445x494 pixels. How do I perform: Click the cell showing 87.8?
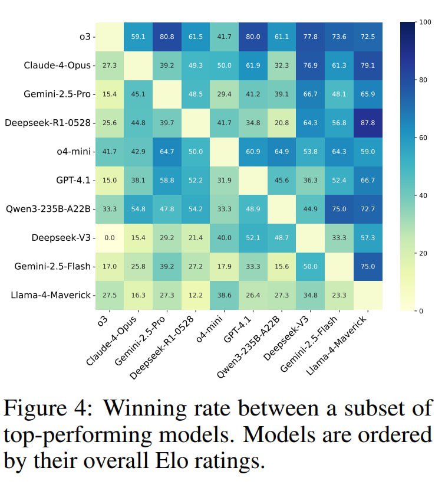pos(368,123)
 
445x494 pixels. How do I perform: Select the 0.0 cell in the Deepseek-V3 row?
pos(109,237)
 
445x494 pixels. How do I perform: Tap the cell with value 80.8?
pos(167,37)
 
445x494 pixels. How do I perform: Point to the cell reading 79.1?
pos(368,65)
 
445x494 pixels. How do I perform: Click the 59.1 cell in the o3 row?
pos(138,37)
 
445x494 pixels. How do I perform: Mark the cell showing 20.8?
pos(282,123)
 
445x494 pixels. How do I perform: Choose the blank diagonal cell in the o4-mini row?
pos(224,151)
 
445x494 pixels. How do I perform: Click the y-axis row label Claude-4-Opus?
pos(58,65)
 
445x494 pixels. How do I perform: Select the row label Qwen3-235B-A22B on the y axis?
pos(48,209)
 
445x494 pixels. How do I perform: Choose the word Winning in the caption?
pos(161,408)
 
